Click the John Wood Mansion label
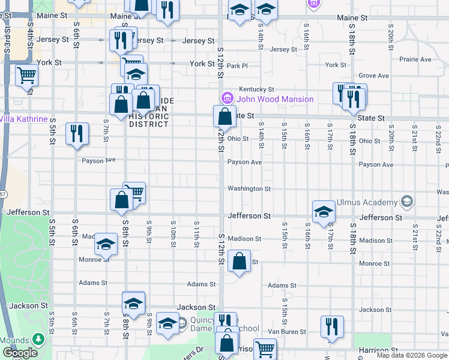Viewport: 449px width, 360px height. click(275, 99)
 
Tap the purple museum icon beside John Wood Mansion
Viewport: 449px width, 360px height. click(228, 98)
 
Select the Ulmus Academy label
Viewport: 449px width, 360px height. click(368, 202)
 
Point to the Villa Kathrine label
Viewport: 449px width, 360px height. click(23, 119)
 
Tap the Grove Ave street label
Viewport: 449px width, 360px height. click(373, 76)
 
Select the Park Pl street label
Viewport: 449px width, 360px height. click(237, 65)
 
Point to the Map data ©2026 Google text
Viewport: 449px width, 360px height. click(411, 355)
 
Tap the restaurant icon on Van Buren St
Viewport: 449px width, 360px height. click(332, 326)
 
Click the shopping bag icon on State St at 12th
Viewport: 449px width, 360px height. click(224, 115)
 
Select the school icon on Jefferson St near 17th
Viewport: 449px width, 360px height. click(324, 211)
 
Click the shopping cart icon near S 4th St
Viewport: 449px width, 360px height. click(27, 76)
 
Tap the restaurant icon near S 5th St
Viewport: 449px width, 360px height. click(77, 133)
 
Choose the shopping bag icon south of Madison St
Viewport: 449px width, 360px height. click(239, 261)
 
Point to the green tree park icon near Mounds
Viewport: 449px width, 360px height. click(39, 340)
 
